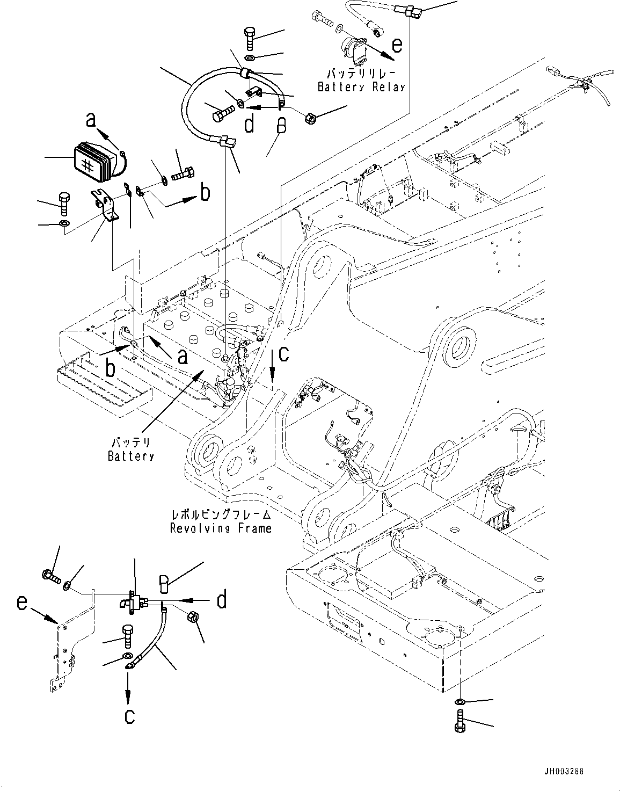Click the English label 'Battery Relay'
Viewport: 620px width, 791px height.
tap(361, 87)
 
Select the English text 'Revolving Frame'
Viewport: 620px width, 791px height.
tap(221, 528)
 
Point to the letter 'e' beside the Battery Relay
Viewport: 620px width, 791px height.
tap(396, 45)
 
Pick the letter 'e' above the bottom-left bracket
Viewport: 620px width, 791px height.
tap(21, 603)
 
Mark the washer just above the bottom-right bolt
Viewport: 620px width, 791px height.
tap(461, 702)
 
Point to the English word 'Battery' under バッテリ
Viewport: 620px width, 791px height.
tap(130, 456)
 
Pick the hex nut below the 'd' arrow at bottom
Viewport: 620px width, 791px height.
tap(194, 619)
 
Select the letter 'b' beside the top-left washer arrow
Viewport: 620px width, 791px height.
tap(205, 193)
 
